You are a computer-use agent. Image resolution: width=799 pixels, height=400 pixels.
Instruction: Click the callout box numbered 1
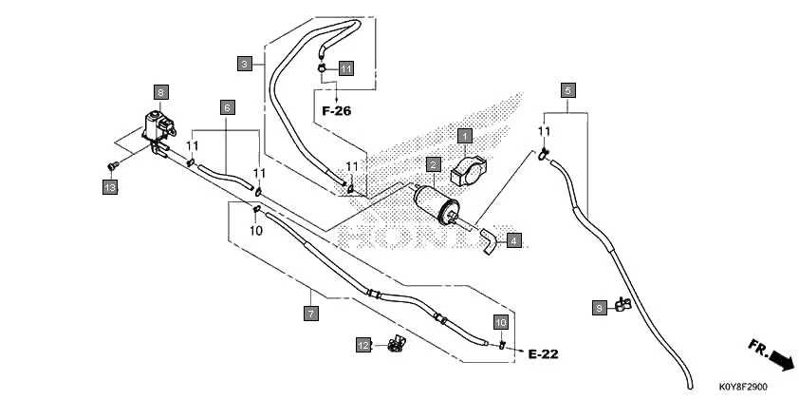465,136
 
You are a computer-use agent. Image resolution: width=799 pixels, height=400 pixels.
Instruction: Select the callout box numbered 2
432,164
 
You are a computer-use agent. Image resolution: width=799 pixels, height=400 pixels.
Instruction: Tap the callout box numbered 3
245,64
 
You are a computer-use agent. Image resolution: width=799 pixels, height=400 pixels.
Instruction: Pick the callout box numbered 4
513,240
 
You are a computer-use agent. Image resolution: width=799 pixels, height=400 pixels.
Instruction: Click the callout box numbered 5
567,91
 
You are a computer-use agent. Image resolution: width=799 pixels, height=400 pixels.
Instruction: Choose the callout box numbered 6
228,107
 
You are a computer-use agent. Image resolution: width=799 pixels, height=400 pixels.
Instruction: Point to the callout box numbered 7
310,312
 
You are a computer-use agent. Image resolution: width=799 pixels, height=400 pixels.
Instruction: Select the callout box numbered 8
161,92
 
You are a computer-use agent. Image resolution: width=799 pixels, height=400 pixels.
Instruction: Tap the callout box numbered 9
600,308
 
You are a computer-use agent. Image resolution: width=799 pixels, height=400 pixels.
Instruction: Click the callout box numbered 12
363,345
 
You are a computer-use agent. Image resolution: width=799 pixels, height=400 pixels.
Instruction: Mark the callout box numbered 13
110,188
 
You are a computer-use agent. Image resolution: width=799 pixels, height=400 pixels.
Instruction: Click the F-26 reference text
336,111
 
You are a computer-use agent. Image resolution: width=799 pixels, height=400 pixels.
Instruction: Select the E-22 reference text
543,354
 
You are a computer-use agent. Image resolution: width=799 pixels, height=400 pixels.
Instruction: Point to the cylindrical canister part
437,202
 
